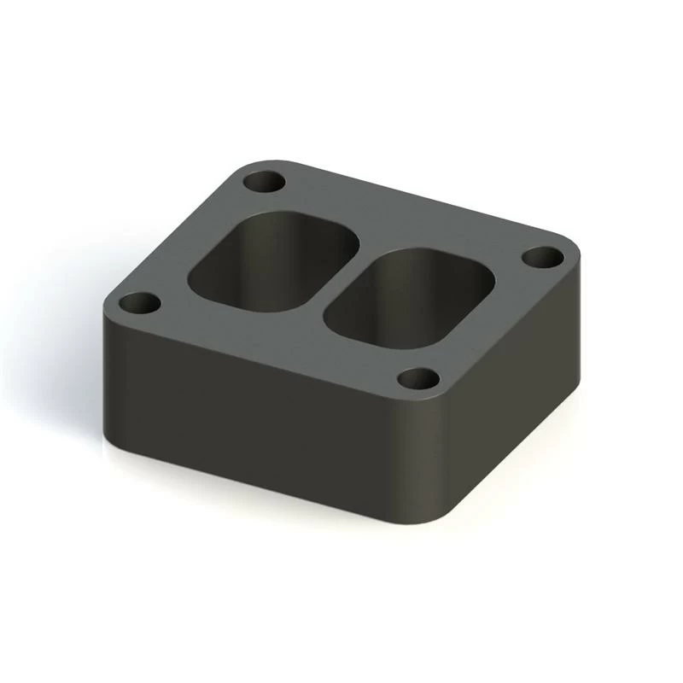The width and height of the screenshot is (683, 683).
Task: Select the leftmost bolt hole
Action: click(139, 303)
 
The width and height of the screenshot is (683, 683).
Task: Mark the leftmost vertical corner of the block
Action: click(106, 367)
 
